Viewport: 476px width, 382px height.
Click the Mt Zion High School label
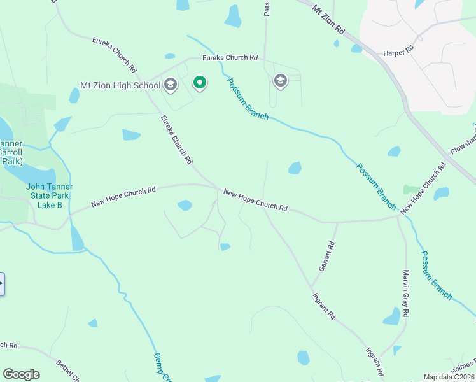tap(120, 85)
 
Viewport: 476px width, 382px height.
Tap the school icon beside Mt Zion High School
tap(170, 84)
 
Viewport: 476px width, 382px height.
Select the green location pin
tap(200, 82)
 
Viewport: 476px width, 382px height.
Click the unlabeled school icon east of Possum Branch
tap(280, 81)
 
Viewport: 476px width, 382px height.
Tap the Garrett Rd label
tap(326, 257)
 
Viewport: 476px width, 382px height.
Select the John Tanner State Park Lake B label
tap(49, 195)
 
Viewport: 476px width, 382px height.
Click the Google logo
tap(21, 374)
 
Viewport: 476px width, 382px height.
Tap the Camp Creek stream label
tap(163, 367)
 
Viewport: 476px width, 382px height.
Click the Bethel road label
tap(67, 371)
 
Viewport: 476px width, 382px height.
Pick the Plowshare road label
tap(463, 140)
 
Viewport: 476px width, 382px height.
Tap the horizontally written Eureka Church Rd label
tap(230, 58)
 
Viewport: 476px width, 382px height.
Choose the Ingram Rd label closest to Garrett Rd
tap(324, 306)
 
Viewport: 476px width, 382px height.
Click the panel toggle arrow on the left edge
tap(2, 284)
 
